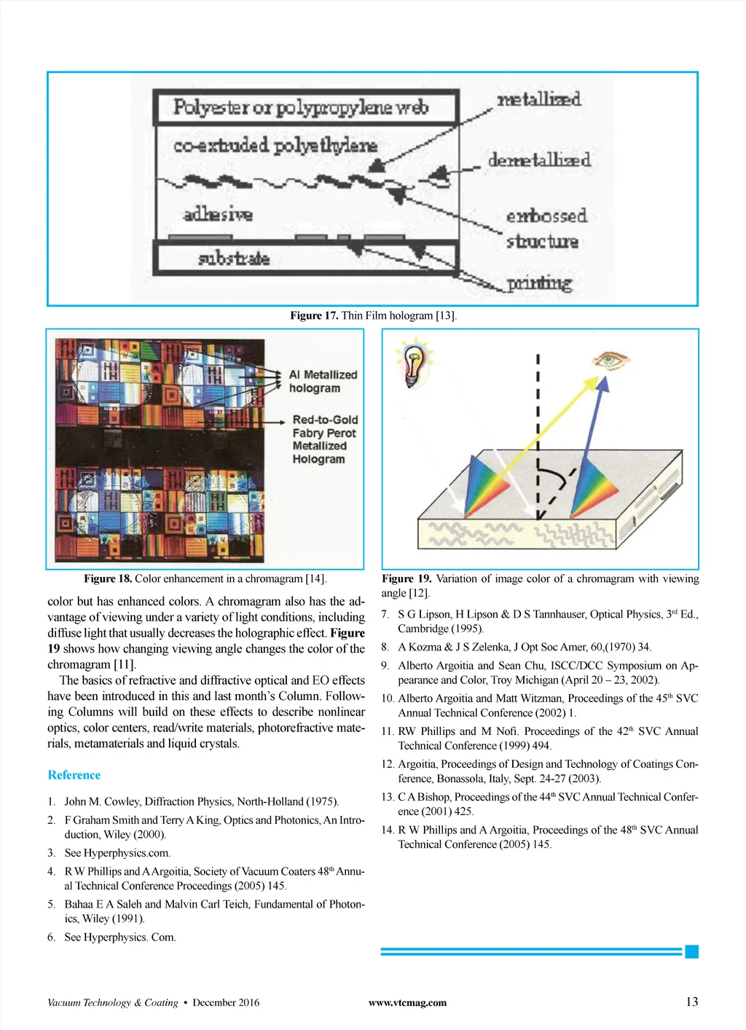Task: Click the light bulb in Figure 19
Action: tap(415, 363)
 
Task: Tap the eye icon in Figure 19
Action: tap(610, 359)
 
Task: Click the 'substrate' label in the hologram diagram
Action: tap(234, 259)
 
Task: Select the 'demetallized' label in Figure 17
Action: tap(538, 160)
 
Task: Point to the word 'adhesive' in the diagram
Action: tap(218, 214)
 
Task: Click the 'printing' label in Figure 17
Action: tap(539, 283)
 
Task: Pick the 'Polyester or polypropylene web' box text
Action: tap(301, 108)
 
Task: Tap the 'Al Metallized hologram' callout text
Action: tap(323, 381)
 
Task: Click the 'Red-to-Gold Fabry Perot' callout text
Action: tap(325, 426)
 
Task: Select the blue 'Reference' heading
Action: tap(74, 775)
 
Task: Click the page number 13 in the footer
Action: tap(691, 1002)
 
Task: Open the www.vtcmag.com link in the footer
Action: tap(407, 1002)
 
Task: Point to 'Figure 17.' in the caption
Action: tap(314, 315)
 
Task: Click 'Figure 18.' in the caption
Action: tap(108, 578)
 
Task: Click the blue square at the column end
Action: tap(692, 951)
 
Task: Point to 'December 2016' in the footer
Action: tap(226, 1002)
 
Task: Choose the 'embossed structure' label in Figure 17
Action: tap(546, 228)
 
